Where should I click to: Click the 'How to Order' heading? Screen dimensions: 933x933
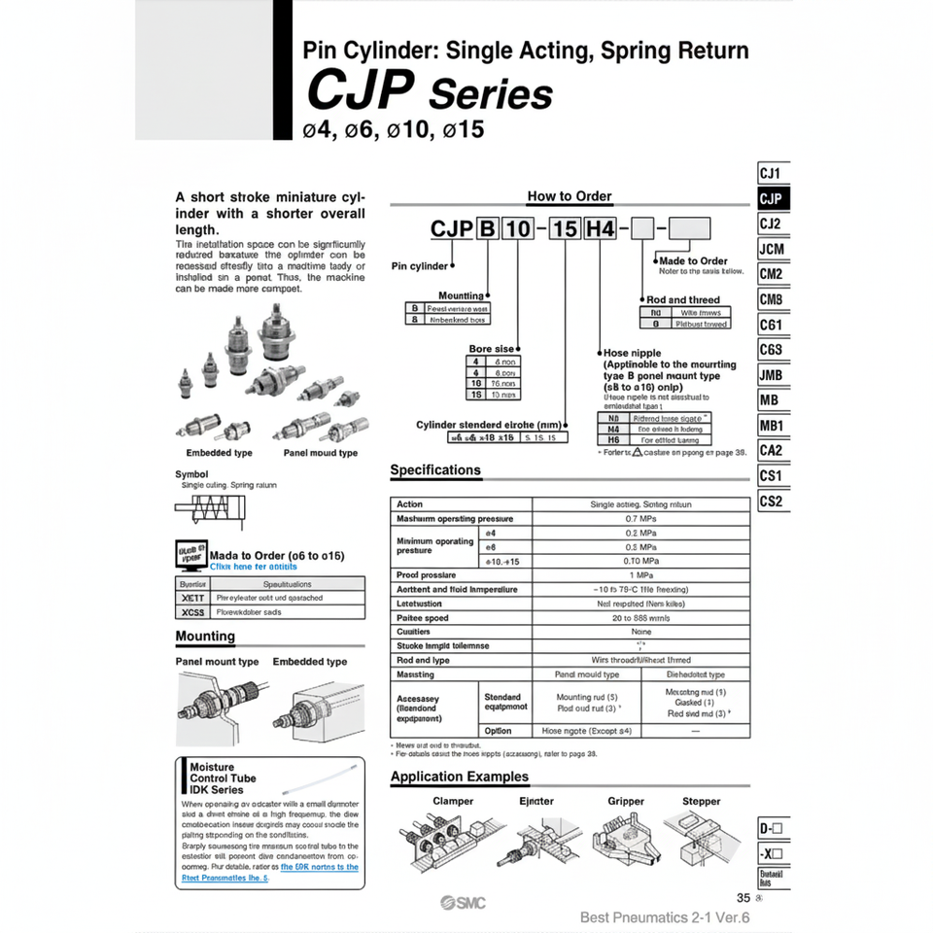click(570, 196)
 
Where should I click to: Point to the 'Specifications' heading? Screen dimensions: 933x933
click(435, 470)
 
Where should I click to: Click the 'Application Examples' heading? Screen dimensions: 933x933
click(460, 777)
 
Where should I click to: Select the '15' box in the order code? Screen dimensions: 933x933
click(565, 230)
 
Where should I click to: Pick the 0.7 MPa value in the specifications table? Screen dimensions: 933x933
click(640, 519)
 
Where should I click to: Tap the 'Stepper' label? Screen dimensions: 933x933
click(702, 802)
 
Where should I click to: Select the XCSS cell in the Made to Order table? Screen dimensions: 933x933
click(192, 612)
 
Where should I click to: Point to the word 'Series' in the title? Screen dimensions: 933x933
click(490, 95)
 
